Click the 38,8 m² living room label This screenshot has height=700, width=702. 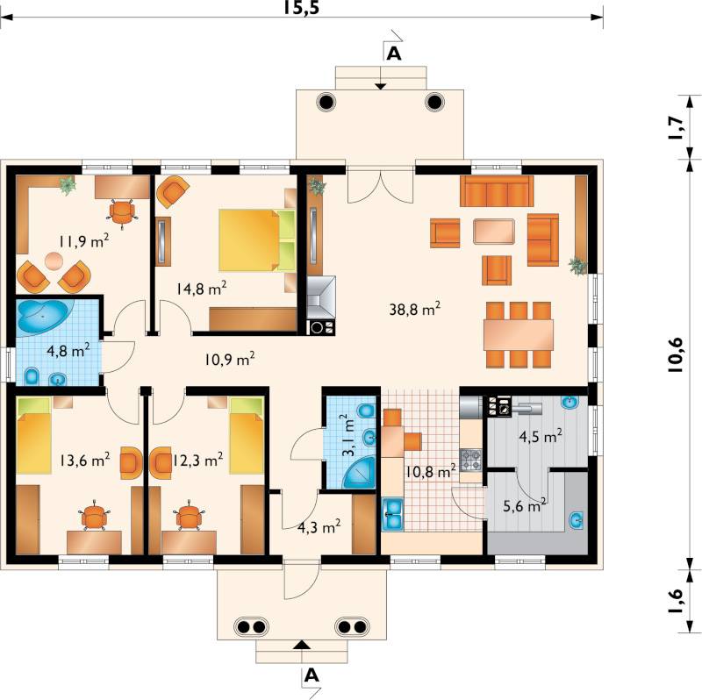point(414,309)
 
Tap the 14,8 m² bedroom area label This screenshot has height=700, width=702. point(201,289)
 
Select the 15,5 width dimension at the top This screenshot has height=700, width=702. point(301,7)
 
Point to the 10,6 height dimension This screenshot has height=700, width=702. point(675,354)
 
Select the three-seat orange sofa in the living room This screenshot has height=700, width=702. point(497,190)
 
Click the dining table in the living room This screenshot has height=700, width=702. point(519,335)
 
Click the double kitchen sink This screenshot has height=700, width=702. point(392,515)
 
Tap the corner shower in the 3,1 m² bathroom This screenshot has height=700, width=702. point(359,473)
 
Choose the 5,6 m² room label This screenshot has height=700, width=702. point(524,506)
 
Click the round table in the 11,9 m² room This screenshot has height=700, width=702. point(54,261)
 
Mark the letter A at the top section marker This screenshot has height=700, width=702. point(393,54)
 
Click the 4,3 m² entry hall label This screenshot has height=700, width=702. point(319,527)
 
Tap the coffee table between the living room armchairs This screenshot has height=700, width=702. point(494,232)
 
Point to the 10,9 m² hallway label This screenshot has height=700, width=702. point(230,359)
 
